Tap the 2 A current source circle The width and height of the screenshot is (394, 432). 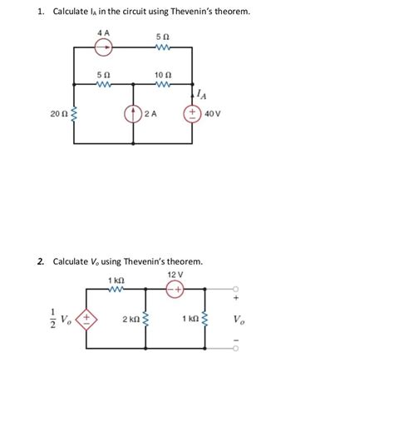[133, 113]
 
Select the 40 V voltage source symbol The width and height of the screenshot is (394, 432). [193, 113]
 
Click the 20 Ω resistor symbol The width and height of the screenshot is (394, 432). [74, 113]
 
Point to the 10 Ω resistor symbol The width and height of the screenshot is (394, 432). [163, 85]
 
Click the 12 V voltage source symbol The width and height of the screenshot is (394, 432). [175, 290]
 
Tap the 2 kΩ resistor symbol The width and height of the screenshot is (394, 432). [146, 320]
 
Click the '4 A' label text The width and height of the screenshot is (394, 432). [104, 32]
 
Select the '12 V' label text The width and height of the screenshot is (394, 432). [175, 274]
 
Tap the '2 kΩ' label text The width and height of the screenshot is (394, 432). [131, 320]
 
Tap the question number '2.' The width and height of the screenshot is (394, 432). [41, 261]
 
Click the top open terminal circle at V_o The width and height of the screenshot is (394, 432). [235, 290]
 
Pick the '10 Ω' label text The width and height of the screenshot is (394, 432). [163, 74]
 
